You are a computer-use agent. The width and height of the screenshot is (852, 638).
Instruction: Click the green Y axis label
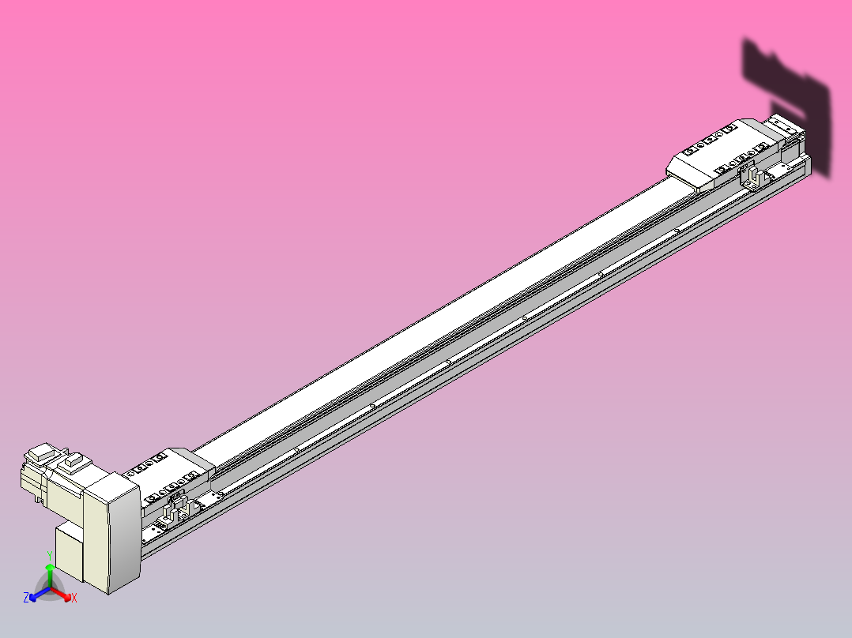click(x=50, y=554)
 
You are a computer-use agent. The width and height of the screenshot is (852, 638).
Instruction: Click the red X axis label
click(x=74, y=599)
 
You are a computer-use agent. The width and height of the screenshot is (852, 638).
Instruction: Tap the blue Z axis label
click(x=26, y=598)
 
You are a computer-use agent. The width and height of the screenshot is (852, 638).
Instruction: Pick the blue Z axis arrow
click(x=36, y=595)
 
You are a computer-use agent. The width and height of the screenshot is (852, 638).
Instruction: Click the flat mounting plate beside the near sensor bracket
click(x=210, y=498)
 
